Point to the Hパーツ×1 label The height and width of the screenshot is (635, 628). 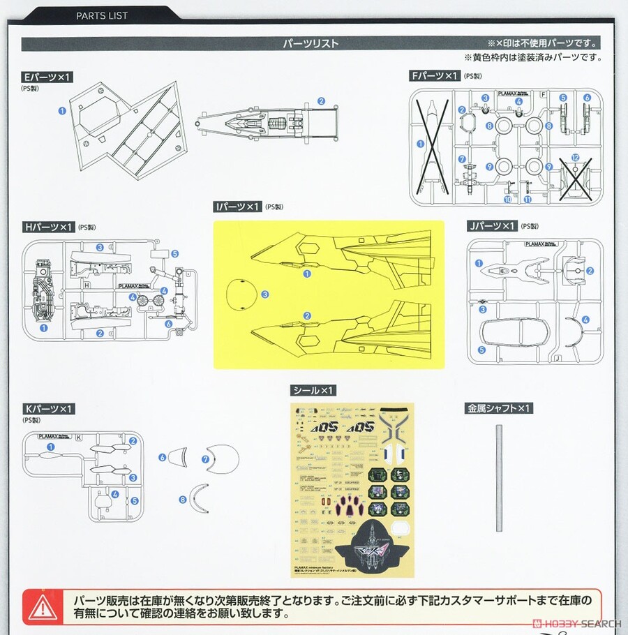pyautogui.click(x=48, y=227)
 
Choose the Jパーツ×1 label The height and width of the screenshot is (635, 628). pyautogui.click(x=492, y=226)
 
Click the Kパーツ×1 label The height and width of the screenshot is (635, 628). pyautogui.click(x=48, y=408)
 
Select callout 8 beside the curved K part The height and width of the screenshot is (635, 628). pyautogui.click(x=183, y=500)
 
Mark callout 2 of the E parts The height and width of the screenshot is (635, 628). pyautogui.click(x=321, y=100)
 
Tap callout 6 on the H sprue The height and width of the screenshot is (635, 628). pyautogui.click(x=168, y=324)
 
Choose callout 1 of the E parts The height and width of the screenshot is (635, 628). pyautogui.click(x=62, y=110)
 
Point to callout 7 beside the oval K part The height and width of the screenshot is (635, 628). pyautogui.click(x=205, y=459)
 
